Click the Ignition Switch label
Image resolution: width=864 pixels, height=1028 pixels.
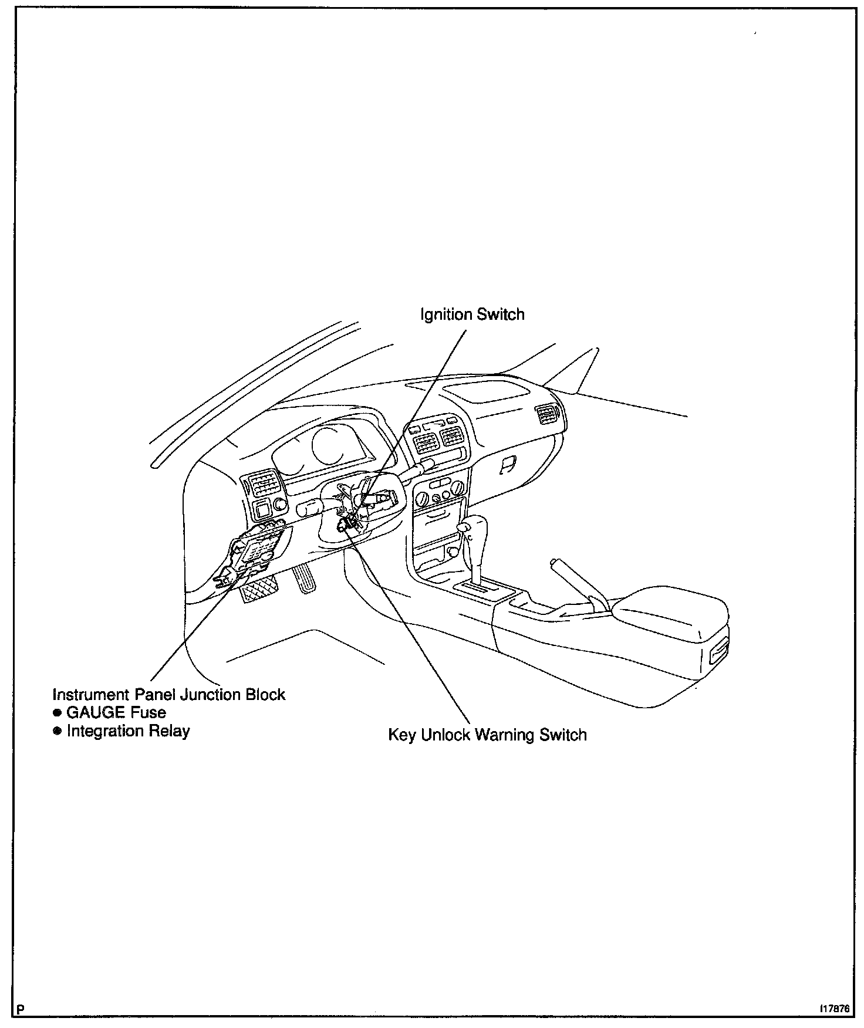pyautogui.click(x=472, y=315)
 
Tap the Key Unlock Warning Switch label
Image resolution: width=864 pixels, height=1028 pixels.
pyautogui.click(x=487, y=735)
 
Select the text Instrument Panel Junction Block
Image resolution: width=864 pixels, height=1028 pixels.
pyautogui.click(x=168, y=695)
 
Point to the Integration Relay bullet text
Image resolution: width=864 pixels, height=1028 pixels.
pyautogui.click(x=128, y=731)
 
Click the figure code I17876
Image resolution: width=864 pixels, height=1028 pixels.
pyautogui.click(x=835, y=1009)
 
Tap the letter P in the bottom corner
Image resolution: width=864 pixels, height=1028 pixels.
pyautogui.click(x=21, y=1010)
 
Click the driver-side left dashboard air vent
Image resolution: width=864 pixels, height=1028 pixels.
pyautogui.click(x=262, y=484)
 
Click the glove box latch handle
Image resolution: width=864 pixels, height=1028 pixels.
pyautogui.click(x=508, y=464)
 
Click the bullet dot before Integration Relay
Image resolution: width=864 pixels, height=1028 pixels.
pyautogui.click(x=57, y=731)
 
